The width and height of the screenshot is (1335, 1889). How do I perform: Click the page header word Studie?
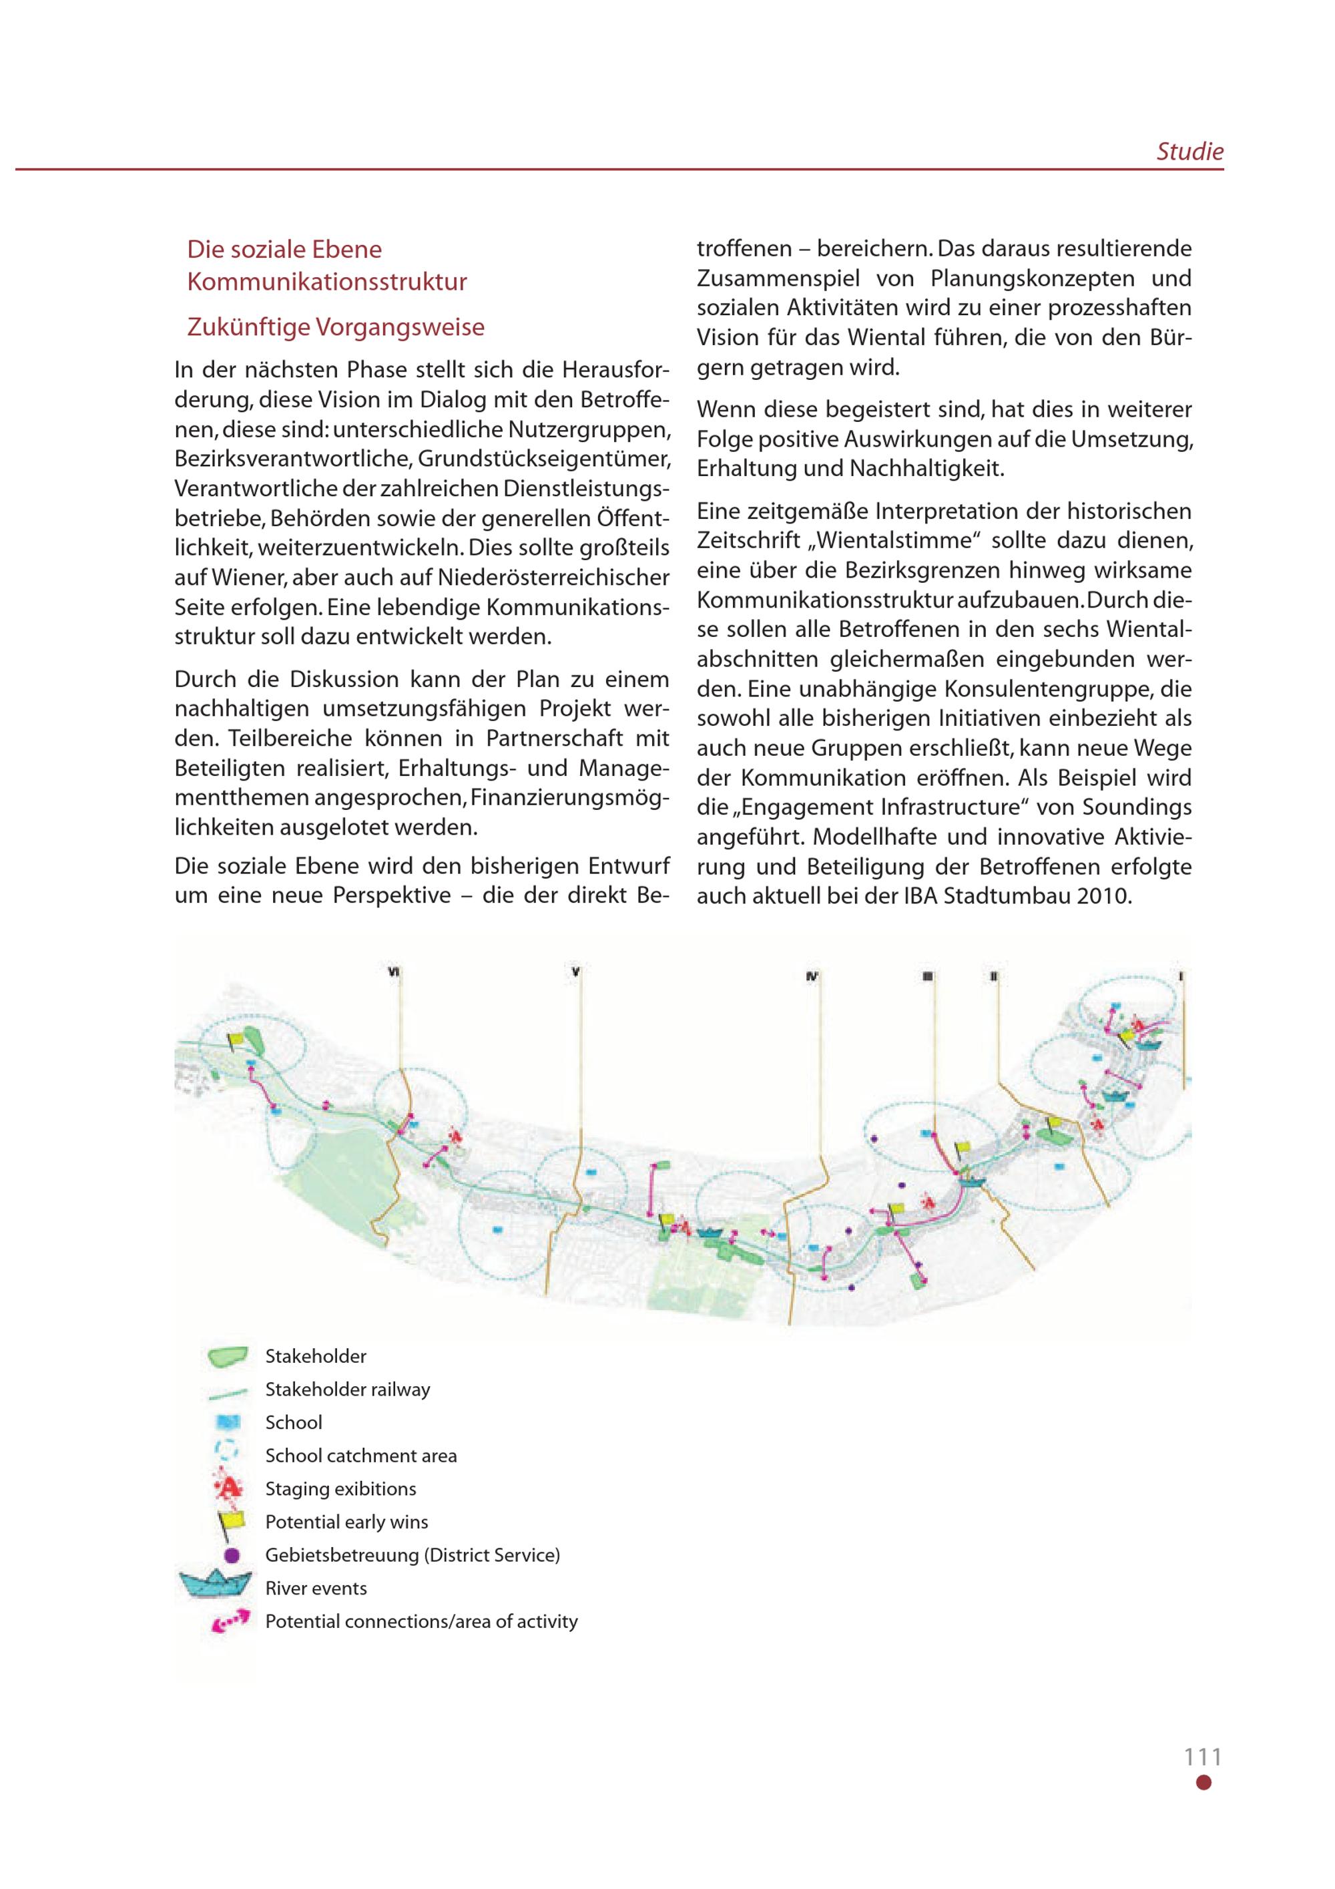1189,152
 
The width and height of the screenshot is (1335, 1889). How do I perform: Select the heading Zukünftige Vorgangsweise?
336,327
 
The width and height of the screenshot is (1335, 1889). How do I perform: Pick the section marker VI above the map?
394,972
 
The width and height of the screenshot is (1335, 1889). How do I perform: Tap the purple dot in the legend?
231,1555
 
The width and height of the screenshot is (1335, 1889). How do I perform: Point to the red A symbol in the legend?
230,1488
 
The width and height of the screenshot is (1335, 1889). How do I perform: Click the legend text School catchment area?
360,1456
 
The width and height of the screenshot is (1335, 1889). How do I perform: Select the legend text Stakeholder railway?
347,1390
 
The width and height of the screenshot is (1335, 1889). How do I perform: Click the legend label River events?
316,1588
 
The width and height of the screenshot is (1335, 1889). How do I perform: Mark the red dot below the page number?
1204,1783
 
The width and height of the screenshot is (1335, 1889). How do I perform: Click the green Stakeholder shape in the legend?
227,1357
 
